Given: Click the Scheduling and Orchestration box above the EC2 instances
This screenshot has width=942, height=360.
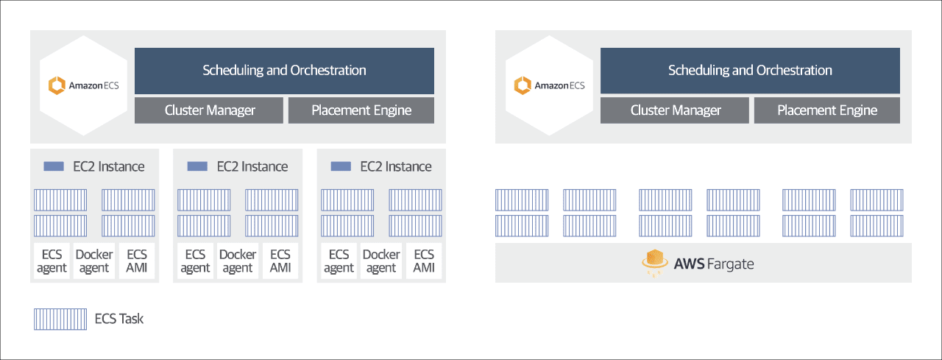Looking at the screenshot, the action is [284, 71].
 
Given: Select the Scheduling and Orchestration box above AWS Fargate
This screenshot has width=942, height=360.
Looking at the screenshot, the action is [750, 71].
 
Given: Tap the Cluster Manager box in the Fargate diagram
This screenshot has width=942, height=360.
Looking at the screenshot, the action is [675, 110].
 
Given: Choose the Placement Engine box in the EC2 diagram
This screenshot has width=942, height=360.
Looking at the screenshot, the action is [361, 110].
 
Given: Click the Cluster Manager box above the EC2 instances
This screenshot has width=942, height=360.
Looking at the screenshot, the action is [208, 110].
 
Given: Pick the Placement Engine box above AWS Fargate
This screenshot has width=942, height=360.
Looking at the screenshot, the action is [826, 110].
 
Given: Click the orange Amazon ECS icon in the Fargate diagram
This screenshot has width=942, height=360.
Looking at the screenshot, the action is [523, 85].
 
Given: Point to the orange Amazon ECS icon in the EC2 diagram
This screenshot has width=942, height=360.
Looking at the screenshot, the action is [57, 85].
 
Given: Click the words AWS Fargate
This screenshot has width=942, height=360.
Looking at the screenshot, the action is [714, 264].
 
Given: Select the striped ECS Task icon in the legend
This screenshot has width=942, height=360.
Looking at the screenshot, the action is [60, 320].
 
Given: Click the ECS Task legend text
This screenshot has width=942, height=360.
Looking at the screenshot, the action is [119, 319].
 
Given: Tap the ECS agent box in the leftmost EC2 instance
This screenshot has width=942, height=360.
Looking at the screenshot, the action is [52, 261].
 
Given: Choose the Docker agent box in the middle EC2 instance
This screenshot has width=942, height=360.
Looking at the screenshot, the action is [238, 261].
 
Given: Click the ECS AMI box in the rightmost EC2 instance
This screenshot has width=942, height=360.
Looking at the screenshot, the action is [424, 261].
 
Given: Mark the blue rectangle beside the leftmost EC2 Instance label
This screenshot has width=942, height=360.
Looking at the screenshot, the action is [54, 166].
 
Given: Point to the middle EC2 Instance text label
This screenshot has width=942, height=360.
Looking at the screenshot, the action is [252, 166].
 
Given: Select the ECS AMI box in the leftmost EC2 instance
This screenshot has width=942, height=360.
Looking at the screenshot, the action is [137, 261].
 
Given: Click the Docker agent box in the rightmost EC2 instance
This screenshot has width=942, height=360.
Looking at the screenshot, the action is [381, 261].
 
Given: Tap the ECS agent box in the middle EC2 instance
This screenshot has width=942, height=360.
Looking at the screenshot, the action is [195, 261].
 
